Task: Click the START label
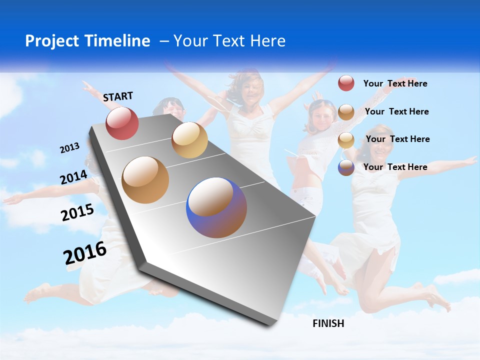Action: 118,96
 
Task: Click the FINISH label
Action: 328,323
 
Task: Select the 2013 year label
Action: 69,148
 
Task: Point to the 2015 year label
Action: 77,212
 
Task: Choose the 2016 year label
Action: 85,253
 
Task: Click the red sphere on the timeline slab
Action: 122,123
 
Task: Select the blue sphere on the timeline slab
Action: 216,207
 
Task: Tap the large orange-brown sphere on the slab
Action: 145,180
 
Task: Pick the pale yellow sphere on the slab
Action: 189,140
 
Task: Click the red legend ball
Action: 346,83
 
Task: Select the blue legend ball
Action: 346,167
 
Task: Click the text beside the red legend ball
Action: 395,83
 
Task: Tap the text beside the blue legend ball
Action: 395,167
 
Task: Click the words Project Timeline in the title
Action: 87,41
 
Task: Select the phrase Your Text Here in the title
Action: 229,41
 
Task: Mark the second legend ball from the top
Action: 346,112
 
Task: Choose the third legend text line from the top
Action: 397,139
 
